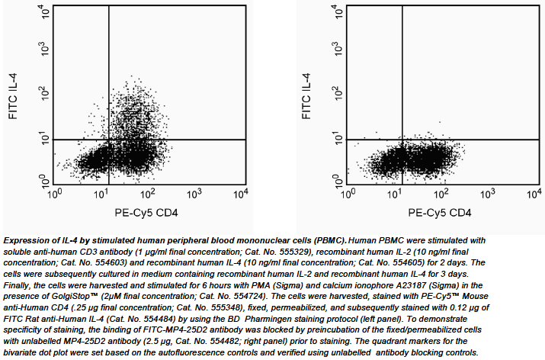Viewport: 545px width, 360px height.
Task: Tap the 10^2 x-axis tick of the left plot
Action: pyautogui.click(x=148, y=193)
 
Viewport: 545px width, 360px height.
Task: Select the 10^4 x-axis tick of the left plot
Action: pyautogui.click(x=241, y=193)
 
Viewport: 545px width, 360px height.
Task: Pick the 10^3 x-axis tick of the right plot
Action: pyautogui.click(x=487, y=193)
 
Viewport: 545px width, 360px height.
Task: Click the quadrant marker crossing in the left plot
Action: pyautogui.click(x=109, y=140)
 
